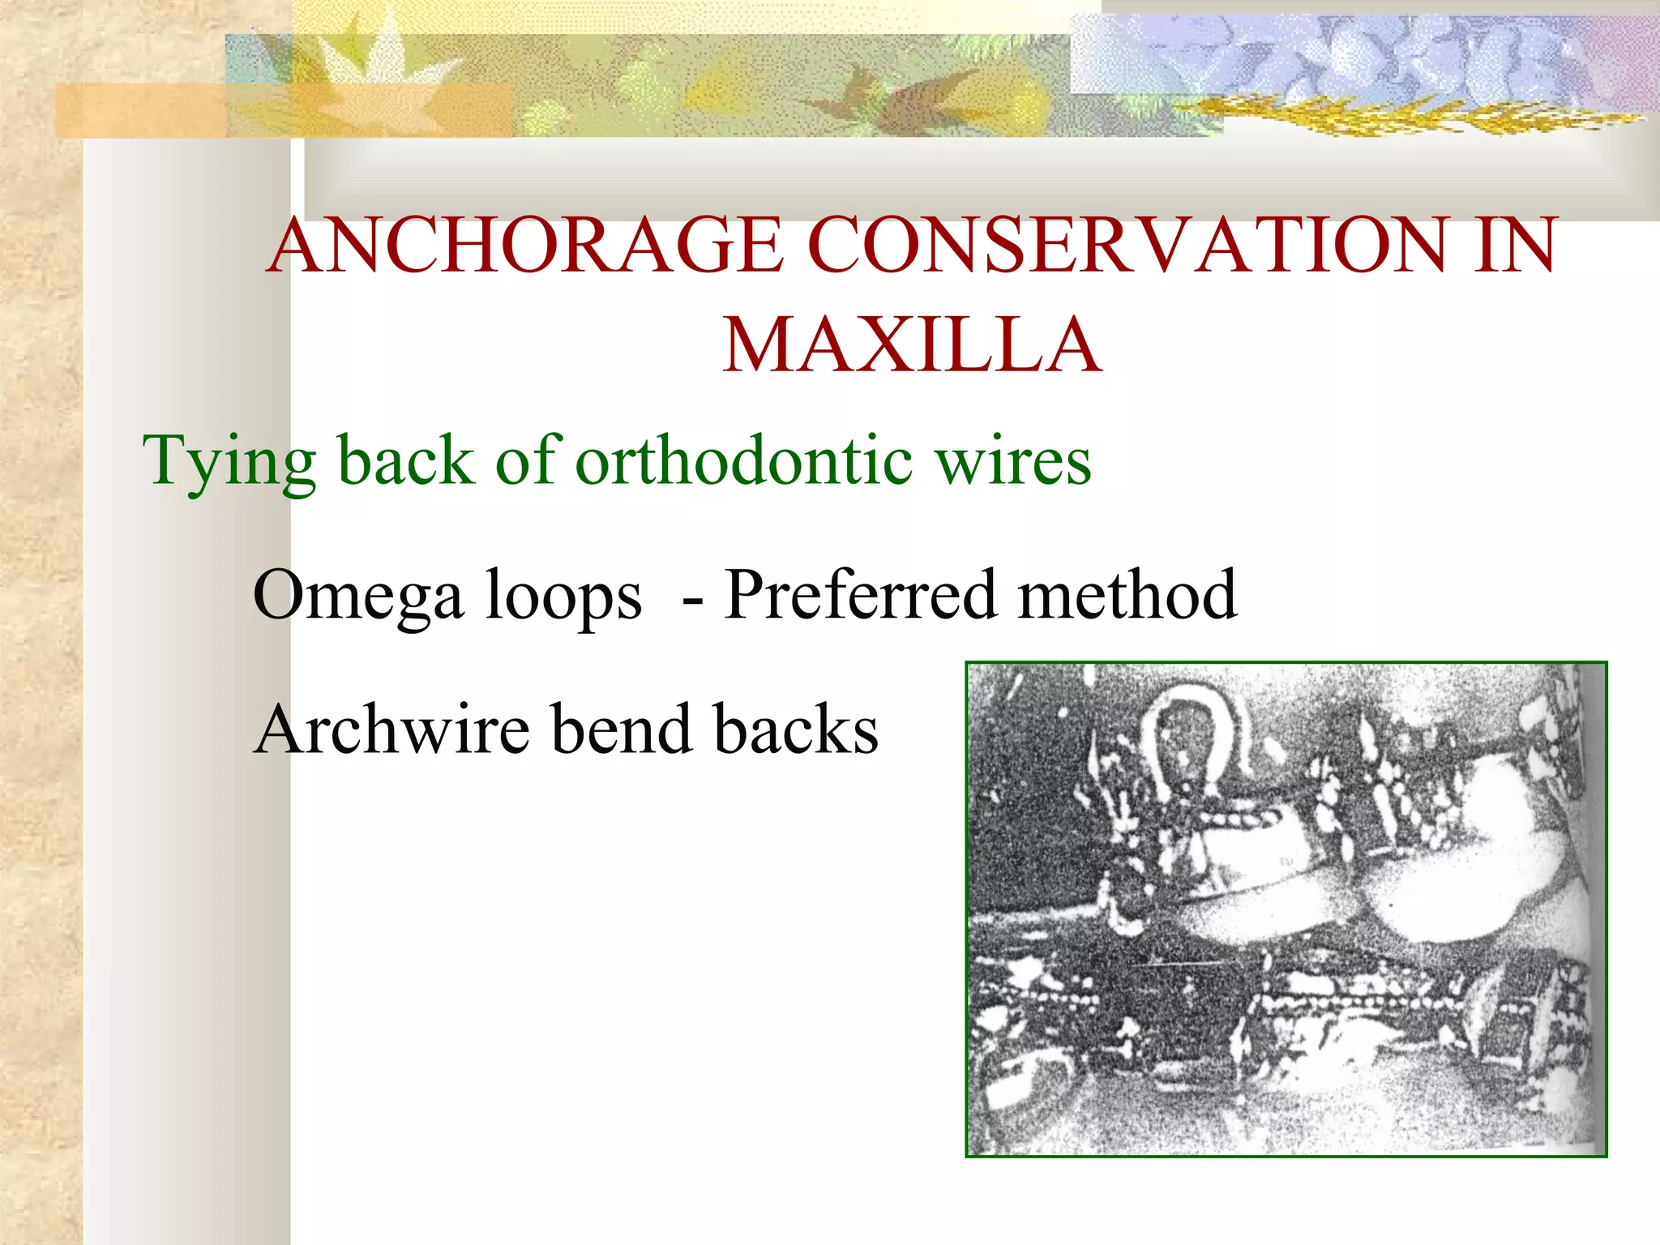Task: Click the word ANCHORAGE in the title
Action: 525,246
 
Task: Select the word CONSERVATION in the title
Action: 1127,246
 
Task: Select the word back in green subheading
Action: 405,460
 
